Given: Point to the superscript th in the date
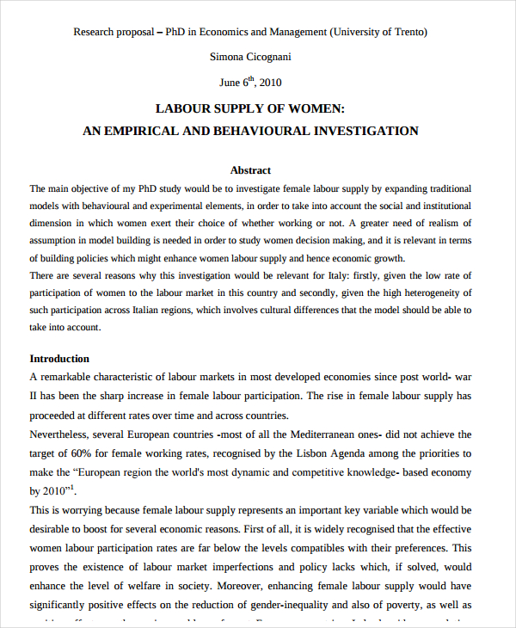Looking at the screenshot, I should [x=252, y=79].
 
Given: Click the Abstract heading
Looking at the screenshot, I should [x=250, y=170].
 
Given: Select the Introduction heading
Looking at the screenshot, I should [x=59, y=359].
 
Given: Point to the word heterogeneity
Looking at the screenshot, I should [x=423, y=292].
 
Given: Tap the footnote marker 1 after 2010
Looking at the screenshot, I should [x=72, y=487].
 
